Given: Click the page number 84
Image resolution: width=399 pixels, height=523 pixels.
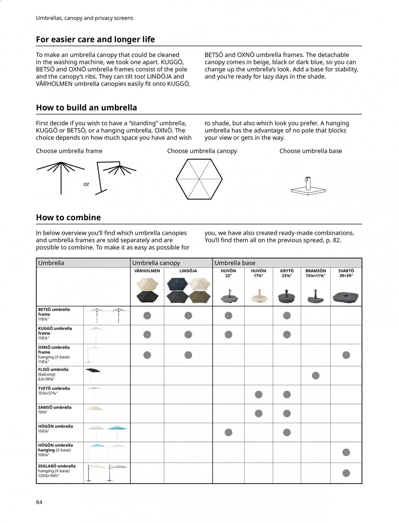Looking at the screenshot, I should (x=39, y=502).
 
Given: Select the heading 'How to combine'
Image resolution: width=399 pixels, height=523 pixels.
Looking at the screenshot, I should (x=68, y=217).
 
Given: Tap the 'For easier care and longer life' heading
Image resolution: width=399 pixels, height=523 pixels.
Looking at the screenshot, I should (x=95, y=39).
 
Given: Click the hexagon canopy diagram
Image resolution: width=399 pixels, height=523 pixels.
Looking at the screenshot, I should (x=199, y=179).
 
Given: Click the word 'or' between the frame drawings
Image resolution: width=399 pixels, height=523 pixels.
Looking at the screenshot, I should (x=86, y=184).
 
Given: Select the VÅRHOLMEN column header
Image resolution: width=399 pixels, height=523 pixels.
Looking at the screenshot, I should (x=147, y=271).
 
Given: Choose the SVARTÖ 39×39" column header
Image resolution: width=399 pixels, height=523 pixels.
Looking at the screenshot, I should (x=346, y=273).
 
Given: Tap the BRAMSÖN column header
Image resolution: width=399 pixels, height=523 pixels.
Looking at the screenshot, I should (x=315, y=273).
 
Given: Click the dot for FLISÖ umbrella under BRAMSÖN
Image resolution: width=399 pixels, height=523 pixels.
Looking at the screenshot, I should (x=316, y=375).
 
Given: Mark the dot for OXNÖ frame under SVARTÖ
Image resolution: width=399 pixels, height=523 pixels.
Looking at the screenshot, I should (x=346, y=355).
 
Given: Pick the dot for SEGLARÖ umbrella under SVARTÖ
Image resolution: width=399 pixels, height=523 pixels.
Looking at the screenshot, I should (x=346, y=473).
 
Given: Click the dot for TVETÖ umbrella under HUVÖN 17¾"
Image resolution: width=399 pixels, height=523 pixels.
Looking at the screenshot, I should (x=259, y=394).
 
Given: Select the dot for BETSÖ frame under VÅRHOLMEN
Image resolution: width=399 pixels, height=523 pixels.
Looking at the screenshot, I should (x=147, y=316).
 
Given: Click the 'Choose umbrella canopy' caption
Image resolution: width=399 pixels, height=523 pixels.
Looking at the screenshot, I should (x=202, y=151).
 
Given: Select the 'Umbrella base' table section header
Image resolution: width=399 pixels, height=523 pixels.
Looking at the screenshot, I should (x=235, y=263).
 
